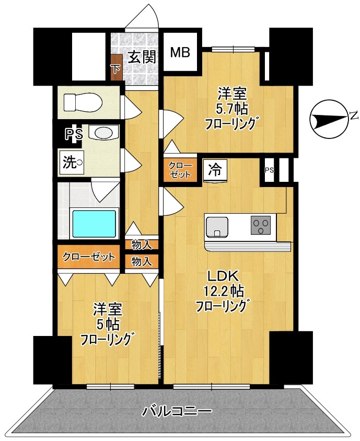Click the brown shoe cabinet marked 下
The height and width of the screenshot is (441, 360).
(116, 68)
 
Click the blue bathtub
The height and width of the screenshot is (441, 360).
(94, 223)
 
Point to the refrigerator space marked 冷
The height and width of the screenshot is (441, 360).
(215, 170)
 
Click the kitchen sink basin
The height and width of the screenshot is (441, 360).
(217, 226)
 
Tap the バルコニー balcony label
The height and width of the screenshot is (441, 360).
(178, 411)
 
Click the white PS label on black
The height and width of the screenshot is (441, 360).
(73, 134)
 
